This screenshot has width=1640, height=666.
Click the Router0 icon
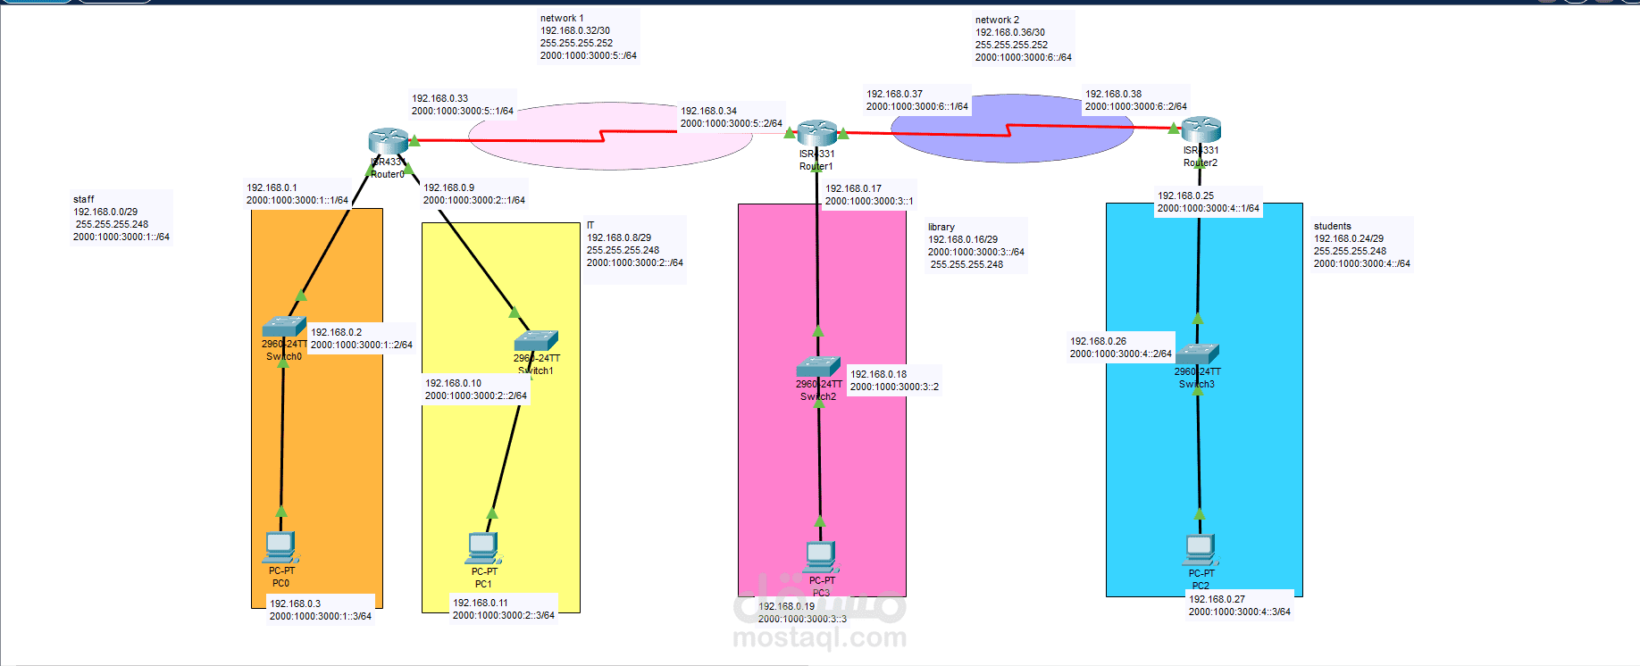pos(389,140)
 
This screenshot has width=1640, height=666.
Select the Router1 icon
pos(816,132)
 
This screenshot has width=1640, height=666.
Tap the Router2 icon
pos(1201,129)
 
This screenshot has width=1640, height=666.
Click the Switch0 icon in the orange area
pos(284,326)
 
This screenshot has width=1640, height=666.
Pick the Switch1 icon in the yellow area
pos(536,340)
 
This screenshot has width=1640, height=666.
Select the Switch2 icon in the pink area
pos(818,367)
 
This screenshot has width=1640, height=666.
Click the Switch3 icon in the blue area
pos(1197,354)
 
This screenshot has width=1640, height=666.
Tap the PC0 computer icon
pos(280,545)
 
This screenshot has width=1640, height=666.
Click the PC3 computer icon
pos(820,555)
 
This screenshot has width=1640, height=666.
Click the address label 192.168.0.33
pos(439,98)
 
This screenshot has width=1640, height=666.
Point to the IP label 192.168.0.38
pos(1113,94)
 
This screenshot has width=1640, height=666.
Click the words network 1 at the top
pos(562,18)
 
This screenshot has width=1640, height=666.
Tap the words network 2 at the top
pos(997,20)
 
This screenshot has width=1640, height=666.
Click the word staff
pos(84,199)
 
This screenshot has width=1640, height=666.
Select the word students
pos(1332,226)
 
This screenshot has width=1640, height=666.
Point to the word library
pos(941,227)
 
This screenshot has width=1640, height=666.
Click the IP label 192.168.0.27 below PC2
pos(1217,599)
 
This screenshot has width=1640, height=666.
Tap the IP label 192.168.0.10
pos(453,383)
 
